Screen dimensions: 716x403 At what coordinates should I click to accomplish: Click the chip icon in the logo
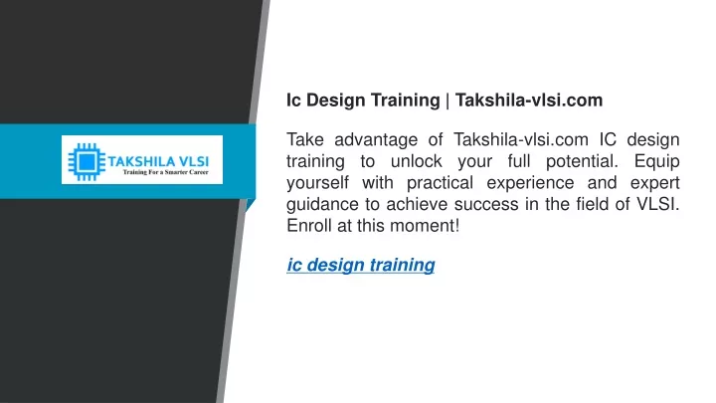click(87, 162)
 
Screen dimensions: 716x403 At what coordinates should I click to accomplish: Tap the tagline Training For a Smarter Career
click(165, 172)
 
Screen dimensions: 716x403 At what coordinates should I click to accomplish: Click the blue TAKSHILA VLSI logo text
click(158, 161)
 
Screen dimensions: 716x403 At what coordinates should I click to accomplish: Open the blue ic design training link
click(361, 265)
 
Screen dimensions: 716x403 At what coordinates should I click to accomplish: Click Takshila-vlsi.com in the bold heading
click(529, 101)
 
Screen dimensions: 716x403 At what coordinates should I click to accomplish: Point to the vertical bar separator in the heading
click(447, 101)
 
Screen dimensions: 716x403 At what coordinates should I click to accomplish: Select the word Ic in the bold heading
click(293, 101)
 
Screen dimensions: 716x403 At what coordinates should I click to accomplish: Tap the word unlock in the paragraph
click(417, 161)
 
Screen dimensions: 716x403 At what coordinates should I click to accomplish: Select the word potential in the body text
click(582, 162)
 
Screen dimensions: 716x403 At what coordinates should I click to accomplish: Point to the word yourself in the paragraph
click(317, 183)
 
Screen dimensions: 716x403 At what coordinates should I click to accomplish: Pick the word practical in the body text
click(440, 183)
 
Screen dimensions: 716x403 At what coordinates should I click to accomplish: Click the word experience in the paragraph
click(530, 183)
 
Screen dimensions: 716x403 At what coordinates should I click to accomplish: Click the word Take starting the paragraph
click(305, 140)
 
